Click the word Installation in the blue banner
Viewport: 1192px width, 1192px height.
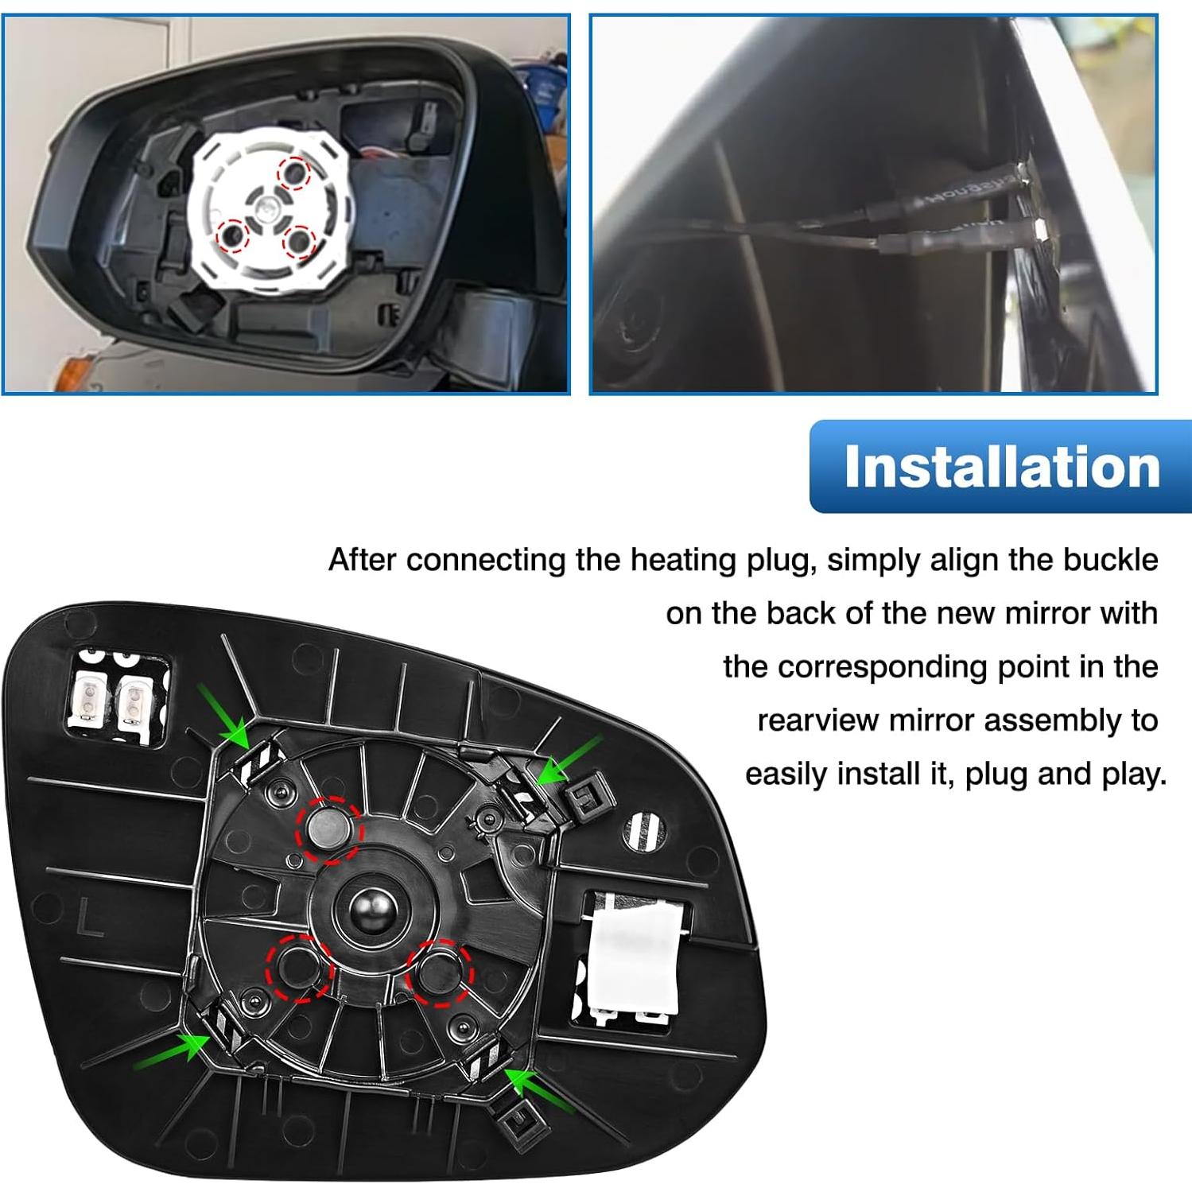(x=1001, y=467)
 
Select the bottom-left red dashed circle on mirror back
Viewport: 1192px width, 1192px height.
(x=299, y=968)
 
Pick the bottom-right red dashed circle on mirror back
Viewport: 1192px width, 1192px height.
(x=439, y=972)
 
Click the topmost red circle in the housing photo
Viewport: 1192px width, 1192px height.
(x=294, y=173)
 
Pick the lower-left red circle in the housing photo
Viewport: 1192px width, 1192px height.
(x=233, y=234)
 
